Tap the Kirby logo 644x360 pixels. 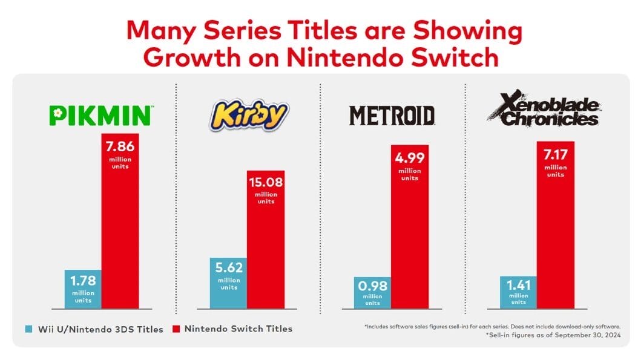(249, 115)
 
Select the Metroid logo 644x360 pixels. (393, 115)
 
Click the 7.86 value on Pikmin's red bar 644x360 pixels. (120, 148)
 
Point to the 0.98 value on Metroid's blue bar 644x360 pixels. (373, 286)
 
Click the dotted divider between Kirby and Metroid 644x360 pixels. (320, 200)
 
